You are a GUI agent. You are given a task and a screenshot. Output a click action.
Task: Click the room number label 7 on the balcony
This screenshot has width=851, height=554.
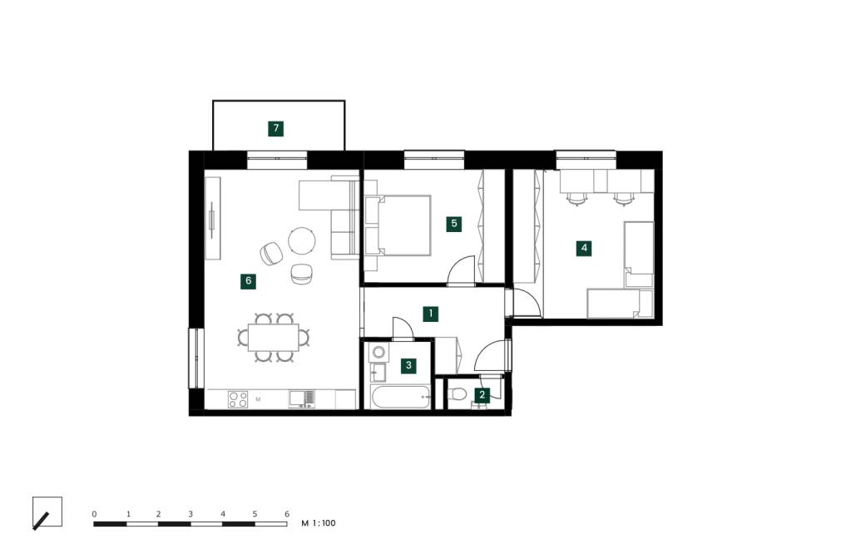pos(276,128)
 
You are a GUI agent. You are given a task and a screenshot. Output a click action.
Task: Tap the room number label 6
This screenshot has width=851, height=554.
pos(248,281)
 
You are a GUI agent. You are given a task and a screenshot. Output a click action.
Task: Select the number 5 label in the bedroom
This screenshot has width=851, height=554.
pos(453,224)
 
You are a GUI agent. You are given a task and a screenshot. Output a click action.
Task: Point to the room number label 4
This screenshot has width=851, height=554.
pos(585,248)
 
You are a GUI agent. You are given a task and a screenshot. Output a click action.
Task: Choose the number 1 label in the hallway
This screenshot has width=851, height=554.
pos(430,314)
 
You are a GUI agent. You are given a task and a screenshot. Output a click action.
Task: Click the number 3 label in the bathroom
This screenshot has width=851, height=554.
pos(408,365)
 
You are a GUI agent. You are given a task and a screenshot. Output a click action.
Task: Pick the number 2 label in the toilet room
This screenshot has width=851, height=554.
pos(482,395)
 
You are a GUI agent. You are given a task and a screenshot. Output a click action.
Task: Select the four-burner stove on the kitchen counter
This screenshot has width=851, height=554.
pos(238,399)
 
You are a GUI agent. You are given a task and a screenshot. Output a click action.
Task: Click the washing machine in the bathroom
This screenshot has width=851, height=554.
pos(378,353)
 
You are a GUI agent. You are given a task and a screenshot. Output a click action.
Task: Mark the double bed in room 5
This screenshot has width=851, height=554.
pos(398,225)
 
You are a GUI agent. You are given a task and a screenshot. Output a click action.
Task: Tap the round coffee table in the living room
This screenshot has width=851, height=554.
pos(302,241)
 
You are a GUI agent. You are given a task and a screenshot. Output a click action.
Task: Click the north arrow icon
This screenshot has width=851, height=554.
pos(47,512)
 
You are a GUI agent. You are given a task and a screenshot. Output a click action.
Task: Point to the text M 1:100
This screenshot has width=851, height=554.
pos(319,524)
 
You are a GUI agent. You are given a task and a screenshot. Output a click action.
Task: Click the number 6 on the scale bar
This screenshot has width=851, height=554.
pos(286,514)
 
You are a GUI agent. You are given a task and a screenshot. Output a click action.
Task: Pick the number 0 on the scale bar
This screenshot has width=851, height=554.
pos(95,514)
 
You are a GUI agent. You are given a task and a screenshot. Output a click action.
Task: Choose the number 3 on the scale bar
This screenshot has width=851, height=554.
pos(190,514)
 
